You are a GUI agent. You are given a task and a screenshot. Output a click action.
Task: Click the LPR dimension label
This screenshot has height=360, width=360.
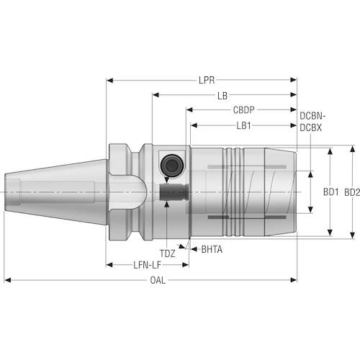click(x=207, y=80)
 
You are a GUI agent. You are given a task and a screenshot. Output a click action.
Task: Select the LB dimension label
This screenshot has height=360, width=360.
click(x=222, y=96)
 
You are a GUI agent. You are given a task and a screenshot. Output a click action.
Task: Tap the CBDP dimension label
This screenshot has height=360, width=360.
click(x=243, y=110)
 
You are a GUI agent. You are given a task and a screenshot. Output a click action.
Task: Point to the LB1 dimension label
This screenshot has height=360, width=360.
click(x=243, y=125)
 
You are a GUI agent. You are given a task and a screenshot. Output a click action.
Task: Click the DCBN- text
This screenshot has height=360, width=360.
click(x=312, y=116)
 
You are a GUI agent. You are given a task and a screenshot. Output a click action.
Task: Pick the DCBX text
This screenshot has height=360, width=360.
click(x=310, y=128)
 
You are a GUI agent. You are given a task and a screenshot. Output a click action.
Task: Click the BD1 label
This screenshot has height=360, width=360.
click(x=330, y=192)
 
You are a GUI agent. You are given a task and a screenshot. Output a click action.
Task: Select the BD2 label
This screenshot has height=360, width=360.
click(x=352, y=192)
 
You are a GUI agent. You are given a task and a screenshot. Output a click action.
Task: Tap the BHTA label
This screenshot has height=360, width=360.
click(x=212, y=250)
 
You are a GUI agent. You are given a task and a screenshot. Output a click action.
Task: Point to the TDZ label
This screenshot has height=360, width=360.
click(x=168, y=253)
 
